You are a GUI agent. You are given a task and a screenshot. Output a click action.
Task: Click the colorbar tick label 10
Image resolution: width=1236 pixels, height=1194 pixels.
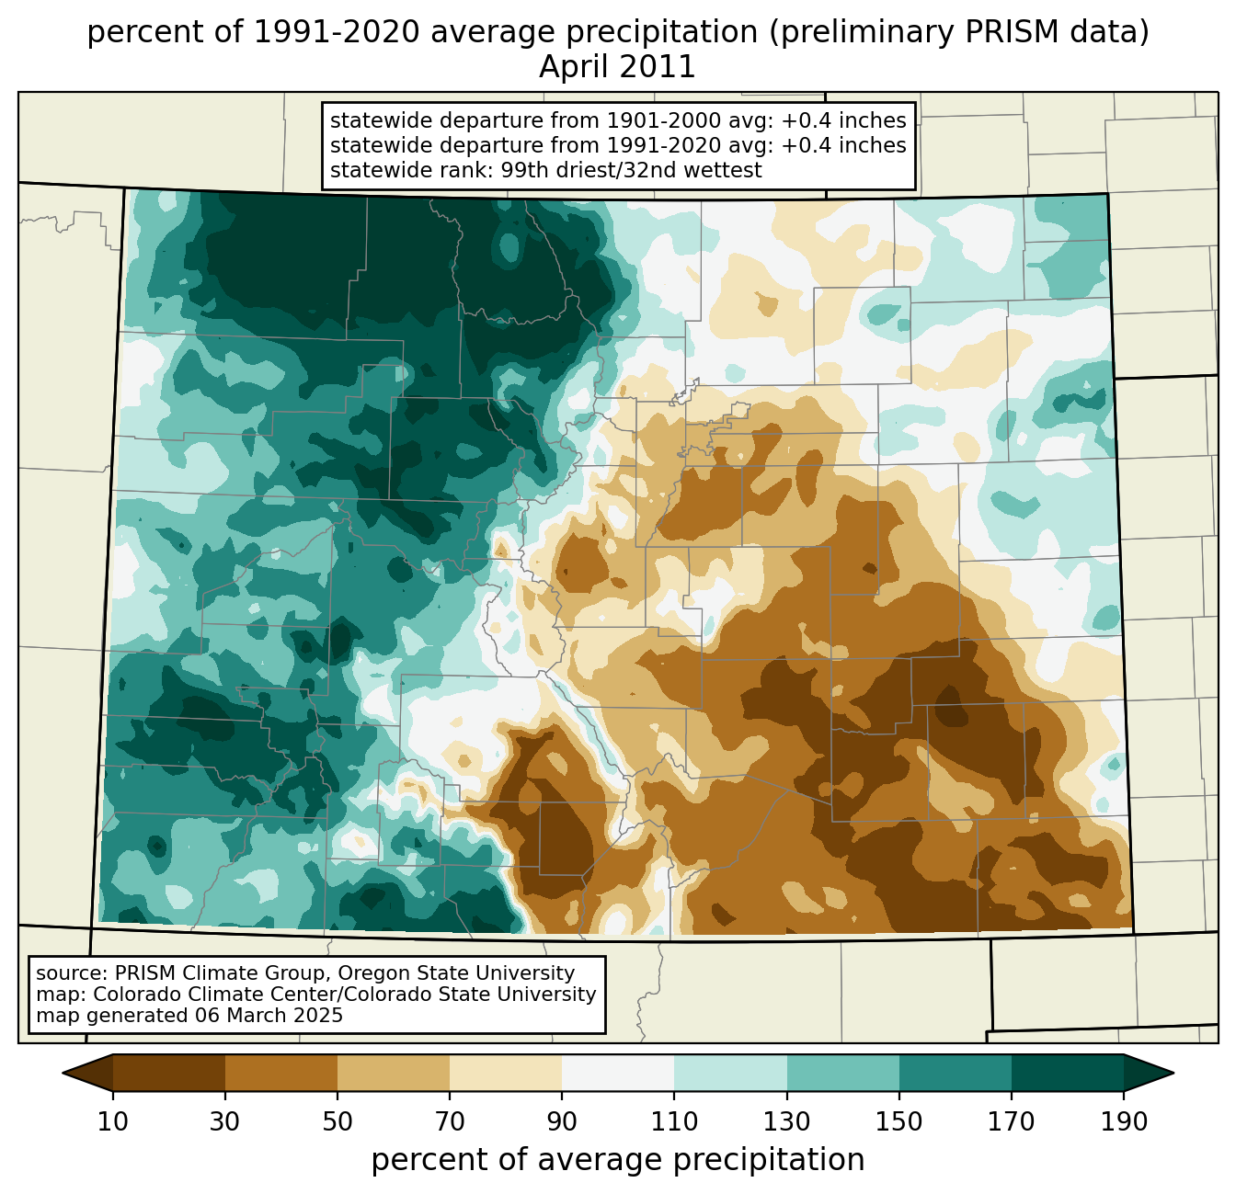click(x=112, y=1122)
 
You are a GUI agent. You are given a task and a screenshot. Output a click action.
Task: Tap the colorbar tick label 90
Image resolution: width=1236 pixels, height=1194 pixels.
click(x=562, y=1122)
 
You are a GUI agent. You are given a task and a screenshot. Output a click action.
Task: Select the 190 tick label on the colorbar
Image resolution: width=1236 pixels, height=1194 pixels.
click(x=1124, y=1122)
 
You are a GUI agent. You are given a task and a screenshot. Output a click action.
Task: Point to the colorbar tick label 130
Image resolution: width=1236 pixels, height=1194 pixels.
click(x=786, y=1122)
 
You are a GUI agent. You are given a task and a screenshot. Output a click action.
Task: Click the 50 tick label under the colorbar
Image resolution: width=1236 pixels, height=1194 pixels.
click(x=338, y=1122)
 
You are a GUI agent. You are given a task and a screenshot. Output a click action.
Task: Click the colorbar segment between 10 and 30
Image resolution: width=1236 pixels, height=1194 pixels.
click(x=169, y=1074)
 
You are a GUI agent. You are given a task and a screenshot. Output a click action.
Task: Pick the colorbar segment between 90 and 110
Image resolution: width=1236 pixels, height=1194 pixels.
click(x=618, y=1074)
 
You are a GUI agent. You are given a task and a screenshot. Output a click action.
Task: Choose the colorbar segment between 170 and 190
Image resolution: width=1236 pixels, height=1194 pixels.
click(x=1067, y=1074)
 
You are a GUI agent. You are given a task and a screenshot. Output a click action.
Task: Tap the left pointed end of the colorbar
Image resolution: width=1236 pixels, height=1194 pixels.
click(x=63, y=1074)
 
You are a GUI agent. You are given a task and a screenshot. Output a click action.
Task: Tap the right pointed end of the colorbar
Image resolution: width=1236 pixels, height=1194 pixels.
click(x=1173, y=1074)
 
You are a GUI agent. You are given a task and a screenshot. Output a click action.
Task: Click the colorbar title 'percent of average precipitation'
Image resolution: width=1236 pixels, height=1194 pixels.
click(x=617, y=1160)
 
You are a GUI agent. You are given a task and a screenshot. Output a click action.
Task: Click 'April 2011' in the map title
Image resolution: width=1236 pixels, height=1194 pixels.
click(x=617, y=67)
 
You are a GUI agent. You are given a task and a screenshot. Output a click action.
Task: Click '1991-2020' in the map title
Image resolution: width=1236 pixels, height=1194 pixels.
click(x=336, y=32)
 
